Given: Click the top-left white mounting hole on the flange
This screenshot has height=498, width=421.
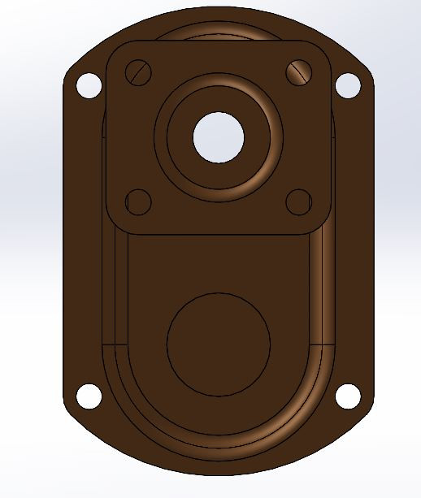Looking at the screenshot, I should coord(88,84).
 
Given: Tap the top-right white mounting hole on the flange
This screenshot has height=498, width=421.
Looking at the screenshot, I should coord(347,84).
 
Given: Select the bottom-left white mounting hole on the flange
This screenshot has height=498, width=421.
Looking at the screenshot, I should coord(89,396).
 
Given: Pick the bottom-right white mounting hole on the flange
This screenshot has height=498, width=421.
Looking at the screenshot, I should coord(347,396).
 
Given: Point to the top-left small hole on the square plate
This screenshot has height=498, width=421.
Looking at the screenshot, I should coord(140,72).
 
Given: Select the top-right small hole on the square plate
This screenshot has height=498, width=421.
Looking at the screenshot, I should coord(298,72).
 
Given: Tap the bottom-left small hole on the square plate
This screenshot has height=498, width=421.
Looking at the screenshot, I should coord(139,201).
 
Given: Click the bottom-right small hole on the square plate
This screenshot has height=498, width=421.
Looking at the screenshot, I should coord(298,201).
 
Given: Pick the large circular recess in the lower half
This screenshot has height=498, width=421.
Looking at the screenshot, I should coord(219,344).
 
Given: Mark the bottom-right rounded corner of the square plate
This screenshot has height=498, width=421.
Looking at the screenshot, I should coord(323,227).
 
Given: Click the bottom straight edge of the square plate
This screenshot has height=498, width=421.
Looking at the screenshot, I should coord(219,235).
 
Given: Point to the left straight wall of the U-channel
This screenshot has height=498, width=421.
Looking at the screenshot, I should coord(115,292).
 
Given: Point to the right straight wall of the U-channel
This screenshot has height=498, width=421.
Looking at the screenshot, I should coord(323,292).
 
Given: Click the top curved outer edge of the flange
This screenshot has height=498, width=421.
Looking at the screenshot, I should coord(219,10).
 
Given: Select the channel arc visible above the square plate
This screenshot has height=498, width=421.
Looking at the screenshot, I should coord(219,31).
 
